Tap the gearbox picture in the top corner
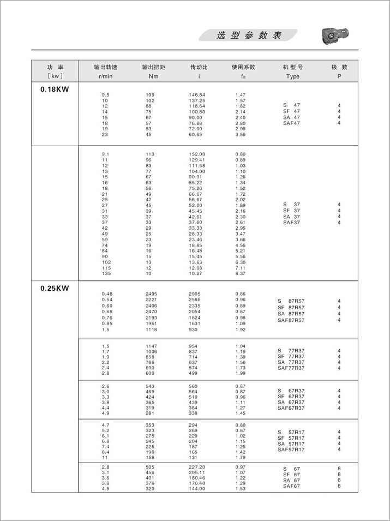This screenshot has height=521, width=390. [333, 36]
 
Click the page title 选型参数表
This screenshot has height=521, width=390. [249, 35]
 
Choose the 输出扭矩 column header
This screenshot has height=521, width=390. [153, 67]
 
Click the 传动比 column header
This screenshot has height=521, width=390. [199, 67]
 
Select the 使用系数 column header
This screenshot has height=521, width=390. [243, 67]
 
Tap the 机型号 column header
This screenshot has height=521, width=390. [292, 67]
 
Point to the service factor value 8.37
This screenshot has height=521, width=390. [241, 273]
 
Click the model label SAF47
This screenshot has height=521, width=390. [291, 123]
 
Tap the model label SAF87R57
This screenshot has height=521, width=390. [291, 320]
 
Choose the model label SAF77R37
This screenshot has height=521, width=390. [291, 369]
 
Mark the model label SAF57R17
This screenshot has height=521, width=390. [291, 450]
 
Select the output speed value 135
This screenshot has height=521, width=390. [106, 273]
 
